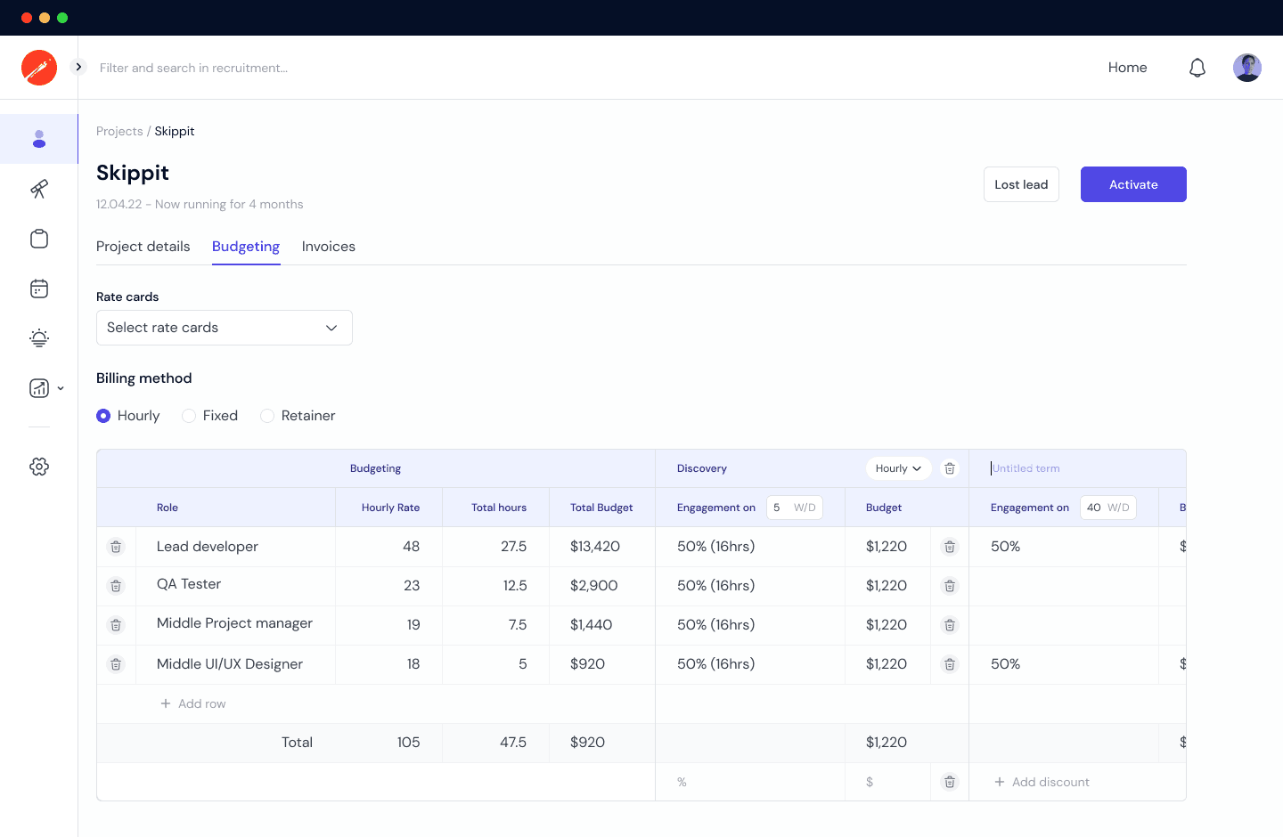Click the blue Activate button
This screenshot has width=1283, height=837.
point(1132,184)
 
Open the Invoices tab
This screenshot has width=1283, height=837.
point(328,247)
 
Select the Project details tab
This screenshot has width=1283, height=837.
point(143,247)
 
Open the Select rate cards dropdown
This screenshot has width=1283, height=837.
point(224,328)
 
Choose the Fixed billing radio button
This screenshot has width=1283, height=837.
point(189,416)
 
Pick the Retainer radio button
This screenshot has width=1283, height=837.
point(267,416)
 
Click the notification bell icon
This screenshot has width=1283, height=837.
point(1197,68)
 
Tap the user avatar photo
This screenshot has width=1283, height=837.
point(1246,68)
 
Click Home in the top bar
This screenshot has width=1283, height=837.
point(1127,68)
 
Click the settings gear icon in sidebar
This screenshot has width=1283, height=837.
point(39,467)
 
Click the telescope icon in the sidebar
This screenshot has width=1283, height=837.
point(39,189)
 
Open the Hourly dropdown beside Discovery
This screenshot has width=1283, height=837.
point(897,468)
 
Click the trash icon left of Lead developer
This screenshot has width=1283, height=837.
point(116,547)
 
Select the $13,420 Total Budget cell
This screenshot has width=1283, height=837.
point(594,547)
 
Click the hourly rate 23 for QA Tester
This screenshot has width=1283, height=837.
point(411,586)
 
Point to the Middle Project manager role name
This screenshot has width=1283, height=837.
point(234,623)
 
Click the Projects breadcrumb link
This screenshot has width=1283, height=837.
point(119,131)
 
